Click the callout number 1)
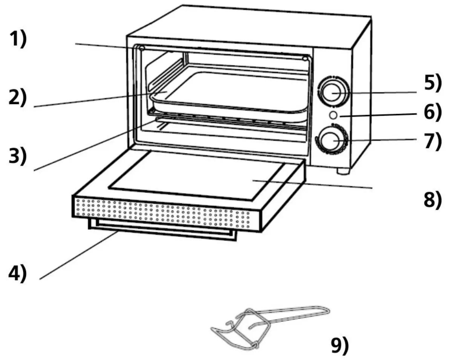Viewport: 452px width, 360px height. click(x=18, y=39)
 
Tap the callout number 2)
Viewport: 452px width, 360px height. click(x=18, y=98)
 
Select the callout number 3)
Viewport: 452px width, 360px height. click(x=18, y=156)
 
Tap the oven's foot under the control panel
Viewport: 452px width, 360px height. click(x=342, y=171)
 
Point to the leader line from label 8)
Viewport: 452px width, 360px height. click(x=313, y=184)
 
